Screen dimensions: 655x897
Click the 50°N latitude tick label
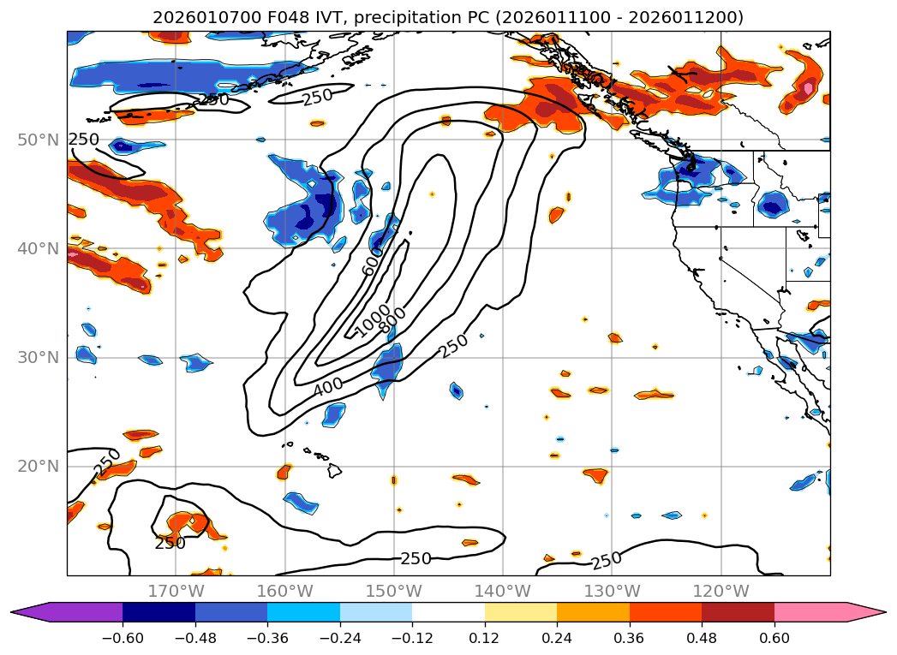click(38, 140)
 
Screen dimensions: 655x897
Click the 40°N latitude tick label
click(38, 248)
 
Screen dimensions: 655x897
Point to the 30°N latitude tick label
click(38, 357)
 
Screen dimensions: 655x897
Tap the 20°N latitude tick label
click(38, 466)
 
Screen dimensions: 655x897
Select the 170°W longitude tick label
click(176, 591)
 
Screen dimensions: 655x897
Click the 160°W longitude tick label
click(284, 591)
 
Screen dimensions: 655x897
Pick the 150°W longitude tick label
click(393, 591)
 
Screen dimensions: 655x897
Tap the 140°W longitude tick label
click(502, 591)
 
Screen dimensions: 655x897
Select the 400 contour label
click(327, 387)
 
